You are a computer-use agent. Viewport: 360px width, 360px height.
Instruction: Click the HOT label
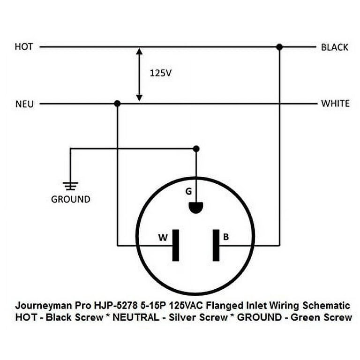(x=24, y=47)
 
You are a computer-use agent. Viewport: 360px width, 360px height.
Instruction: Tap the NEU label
(x=24, y=104)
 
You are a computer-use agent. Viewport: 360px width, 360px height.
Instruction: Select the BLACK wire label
(x=334, y=47)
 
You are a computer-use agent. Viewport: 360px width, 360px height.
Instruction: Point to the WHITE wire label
(x=335, y=104)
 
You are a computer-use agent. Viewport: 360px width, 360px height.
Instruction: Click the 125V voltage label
(x=158, y=74)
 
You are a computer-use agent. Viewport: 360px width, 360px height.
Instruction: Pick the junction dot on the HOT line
(x=279, y=47)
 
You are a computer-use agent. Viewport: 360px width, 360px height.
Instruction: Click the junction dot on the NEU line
(x=117, y=103)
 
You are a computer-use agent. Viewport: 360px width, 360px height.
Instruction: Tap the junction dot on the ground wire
(x=196, y=149)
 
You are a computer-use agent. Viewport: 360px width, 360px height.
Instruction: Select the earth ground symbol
(x=70, y=186)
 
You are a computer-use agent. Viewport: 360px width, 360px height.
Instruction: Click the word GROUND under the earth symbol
(x=70, y=199)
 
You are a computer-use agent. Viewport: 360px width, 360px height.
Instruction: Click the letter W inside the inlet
(x=162, y=238)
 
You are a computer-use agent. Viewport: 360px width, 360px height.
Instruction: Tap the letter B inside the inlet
(x=226, y=238)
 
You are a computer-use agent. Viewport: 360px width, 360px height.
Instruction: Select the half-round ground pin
(x=196, y=208)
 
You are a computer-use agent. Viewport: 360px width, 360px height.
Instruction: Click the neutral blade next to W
(x=175, y=245)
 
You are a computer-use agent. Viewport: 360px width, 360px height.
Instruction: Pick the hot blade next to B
(x=216, y=245)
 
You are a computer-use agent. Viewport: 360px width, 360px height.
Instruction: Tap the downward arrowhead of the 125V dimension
(x=139, y=98)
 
